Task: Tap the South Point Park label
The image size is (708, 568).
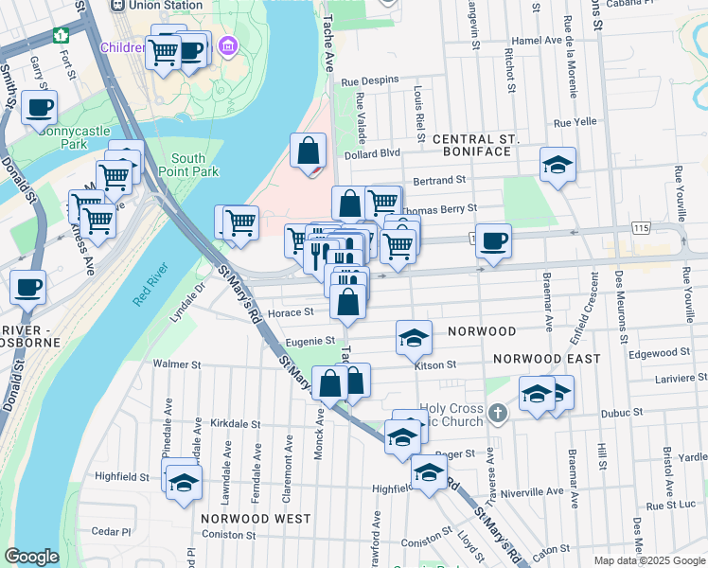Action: (195, 165)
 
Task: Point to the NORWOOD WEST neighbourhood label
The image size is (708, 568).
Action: (256, 519)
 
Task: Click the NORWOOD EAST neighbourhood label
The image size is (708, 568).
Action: (546, 359)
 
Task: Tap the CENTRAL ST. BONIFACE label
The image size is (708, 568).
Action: (476, 147)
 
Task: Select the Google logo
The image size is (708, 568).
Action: (32, 557)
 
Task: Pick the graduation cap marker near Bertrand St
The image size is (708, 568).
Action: (558, 164)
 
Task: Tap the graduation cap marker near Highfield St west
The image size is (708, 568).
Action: (184, 481)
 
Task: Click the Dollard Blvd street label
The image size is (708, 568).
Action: (373, 153)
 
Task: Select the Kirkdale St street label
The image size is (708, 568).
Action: (234, 423)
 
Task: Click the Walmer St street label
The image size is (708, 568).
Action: (177, 364)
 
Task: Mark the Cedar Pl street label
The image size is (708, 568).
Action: (111, 531)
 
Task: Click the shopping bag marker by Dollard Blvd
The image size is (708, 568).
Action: (308, 151)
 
